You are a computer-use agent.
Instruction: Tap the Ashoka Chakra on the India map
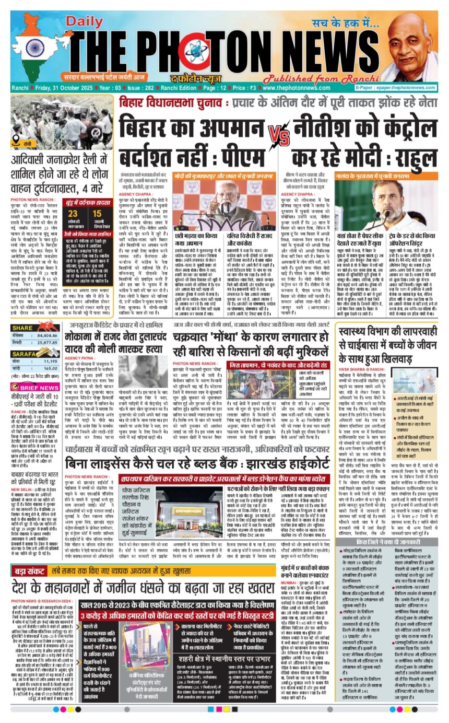click(x=35, y=49)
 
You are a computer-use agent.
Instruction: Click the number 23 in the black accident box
click(x=73, y=214)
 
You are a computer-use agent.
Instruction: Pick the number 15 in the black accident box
click(x=98, y=214)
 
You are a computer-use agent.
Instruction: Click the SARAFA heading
click(x=37, y=368)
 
